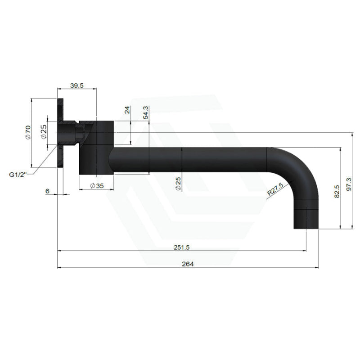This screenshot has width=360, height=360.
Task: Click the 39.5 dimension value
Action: (76, 85)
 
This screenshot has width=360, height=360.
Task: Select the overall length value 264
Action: (188, 264)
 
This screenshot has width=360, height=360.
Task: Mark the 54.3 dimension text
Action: (145, 112)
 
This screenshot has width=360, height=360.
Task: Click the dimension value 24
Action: (127, 110)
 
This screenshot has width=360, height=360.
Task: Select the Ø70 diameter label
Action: (27, 132)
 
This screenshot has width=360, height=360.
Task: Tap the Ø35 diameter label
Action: (96, 185)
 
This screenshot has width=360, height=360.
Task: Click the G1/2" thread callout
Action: (18, 174)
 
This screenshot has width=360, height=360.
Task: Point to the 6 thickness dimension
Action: (47, 191)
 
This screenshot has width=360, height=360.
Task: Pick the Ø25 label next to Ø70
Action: (44, 132)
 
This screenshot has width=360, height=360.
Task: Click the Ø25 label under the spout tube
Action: (178, 184)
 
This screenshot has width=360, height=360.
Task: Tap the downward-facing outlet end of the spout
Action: (306, 220)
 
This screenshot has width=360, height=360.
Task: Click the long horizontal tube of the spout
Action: (189, 160)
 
